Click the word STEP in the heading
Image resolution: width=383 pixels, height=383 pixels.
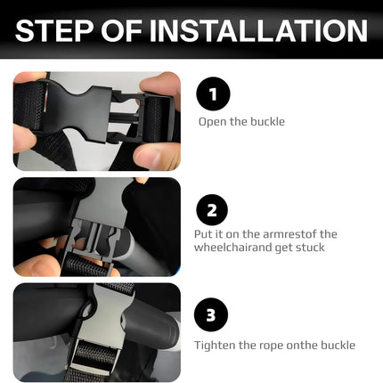pos(54,30)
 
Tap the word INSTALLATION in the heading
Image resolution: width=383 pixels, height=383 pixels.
pos(258,30)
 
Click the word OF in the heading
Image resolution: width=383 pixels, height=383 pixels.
pos(121,30)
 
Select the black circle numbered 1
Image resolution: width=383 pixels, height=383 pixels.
pos(213,94)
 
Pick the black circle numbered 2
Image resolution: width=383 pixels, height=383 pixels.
pos(212,210)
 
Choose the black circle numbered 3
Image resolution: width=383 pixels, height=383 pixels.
pos(211,314)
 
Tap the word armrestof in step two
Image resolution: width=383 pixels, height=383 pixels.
pos(289,234)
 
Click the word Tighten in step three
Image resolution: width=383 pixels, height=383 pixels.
pos(215,346)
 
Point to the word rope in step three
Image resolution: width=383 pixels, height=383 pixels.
pos(269,346)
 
